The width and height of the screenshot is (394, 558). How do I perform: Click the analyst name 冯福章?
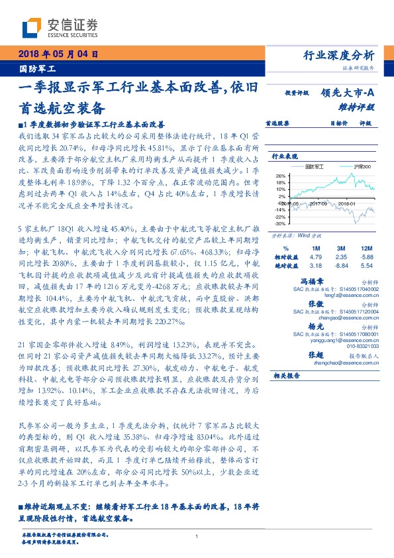(x=329, y=280)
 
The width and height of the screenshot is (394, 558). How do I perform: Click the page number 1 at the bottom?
(x=197, y=536)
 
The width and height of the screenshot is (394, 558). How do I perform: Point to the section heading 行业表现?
(x=283, y=156)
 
